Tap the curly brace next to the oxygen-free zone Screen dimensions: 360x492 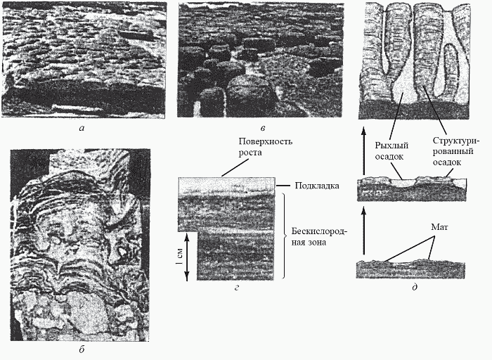(x=283, y=238)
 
